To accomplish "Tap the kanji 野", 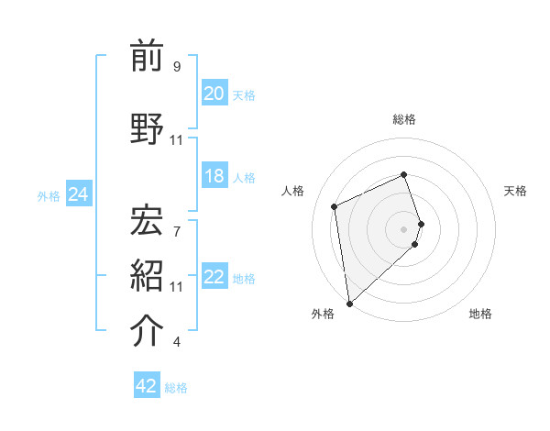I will tap(148, 128).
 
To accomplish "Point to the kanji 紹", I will tap(148, 275).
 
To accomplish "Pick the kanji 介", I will tap(148, 331).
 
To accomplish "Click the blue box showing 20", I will tap(214, 94).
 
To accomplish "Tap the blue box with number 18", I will tap(214, 177).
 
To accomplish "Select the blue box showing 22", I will tap(214, 278).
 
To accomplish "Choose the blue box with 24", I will tap(78, 194).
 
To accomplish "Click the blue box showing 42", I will tap(147, 386).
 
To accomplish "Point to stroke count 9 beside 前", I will tap(176, 67).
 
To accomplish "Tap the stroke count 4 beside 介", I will tap(176, 342).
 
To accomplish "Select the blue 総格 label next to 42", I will tap(176, 388).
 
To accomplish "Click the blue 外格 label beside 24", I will tap(49, 195).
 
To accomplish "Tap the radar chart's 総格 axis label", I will tap(404, 119).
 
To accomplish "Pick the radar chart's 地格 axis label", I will tap(480, 314).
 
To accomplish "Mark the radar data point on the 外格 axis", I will tap(348, 303).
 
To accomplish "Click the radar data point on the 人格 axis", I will tap(335, 205).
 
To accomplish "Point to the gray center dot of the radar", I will tap(404, 227).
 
